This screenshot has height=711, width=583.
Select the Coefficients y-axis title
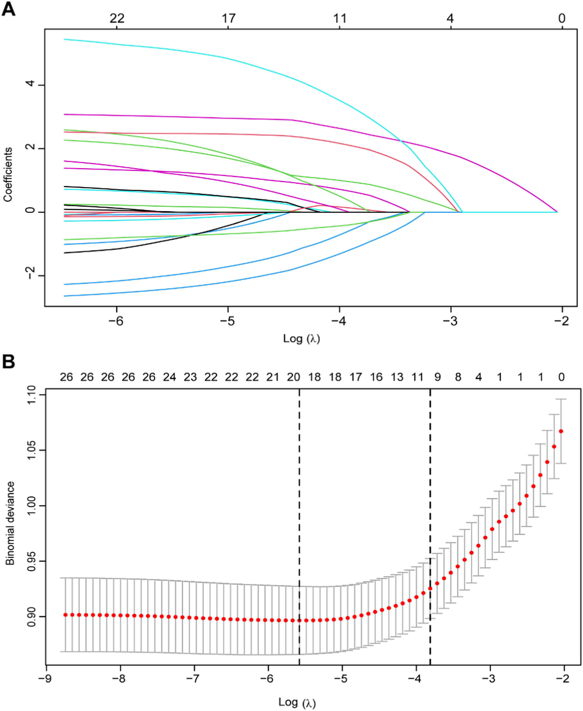click(x=8, y=175)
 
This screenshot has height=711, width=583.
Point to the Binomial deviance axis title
click(x=10, y=523)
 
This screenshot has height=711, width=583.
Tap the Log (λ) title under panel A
click(x=301, y=338)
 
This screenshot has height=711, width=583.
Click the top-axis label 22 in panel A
click(x=117, y=18)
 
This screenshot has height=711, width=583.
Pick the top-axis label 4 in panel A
click(x=450, y=18)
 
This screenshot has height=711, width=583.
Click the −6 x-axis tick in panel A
click(x=116, y=321)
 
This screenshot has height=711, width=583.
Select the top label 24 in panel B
click(x=170, y=377)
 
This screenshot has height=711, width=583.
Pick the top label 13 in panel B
click(x=397, y=377)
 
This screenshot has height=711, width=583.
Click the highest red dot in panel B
click(x=561, y=431)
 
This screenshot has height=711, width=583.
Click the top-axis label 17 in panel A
click(x=228, y=18)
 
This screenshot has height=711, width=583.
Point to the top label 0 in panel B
click(x=561, y=377)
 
